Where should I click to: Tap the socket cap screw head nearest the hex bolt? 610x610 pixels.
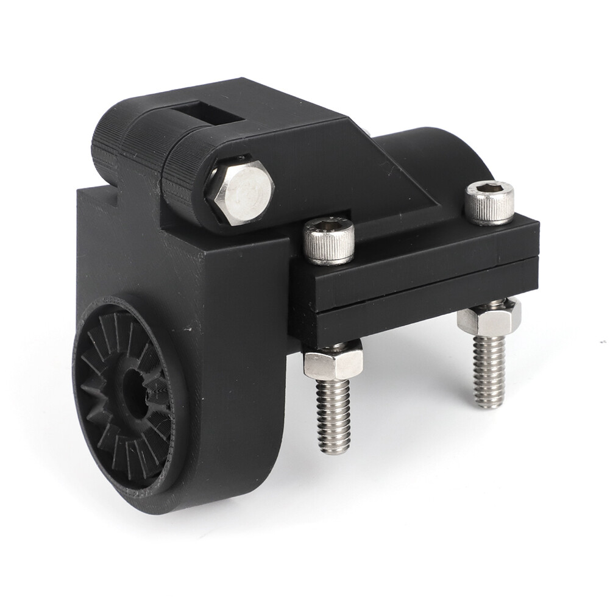tap(330, 240)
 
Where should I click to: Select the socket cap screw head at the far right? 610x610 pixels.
tap(489, 202)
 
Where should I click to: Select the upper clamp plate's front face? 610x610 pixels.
tap(420, 256)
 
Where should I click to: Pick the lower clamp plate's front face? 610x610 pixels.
tap(420, 305)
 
